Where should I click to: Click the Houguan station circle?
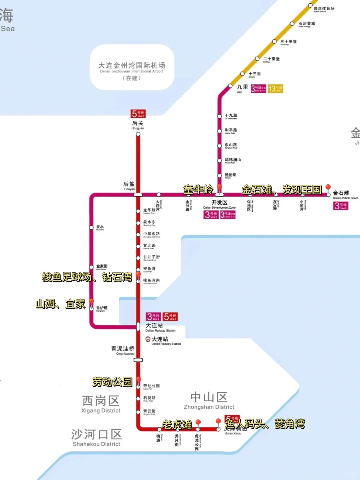[x=138, y=134]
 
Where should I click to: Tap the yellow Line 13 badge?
[x=275, y=89]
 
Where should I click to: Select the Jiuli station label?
[x=242, y=88]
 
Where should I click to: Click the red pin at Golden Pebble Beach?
[x=328, y=188]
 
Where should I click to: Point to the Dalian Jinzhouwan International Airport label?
[x=132, y=68]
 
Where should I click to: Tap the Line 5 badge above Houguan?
[x=138, y=114]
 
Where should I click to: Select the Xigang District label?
[x=101, y=404]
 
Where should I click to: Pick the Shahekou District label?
[x=96, y=438]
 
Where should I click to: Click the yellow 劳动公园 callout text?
[x=112, y=382]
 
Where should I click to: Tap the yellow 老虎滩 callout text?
[x=177, y=424]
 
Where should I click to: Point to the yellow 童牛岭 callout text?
[x=198, y=189]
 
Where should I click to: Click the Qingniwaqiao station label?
[x=123, y=350]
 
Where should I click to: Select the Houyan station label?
[x=129, y=186]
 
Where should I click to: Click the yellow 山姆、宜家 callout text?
[x=60, y=304]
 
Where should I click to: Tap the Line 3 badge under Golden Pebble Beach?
[x=341, y=206]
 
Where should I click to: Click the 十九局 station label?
[x=231, y=116]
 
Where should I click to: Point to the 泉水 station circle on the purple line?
[x=91, y=227]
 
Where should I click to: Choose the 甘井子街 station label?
[x=151, y=258]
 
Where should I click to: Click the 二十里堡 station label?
[x=271, y=59]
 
